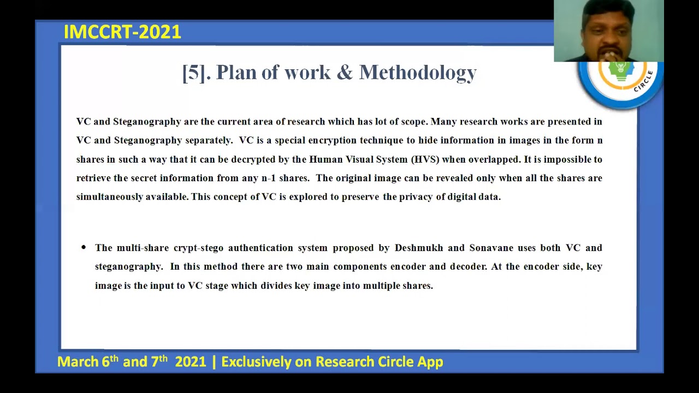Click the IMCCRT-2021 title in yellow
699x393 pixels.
point(122,32)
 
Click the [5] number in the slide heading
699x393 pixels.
point(194,73)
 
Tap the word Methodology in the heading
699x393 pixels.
point(418,73)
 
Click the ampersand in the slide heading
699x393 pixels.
point(345,73)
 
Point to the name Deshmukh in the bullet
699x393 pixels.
point(419,248)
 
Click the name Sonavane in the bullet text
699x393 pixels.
point(491,248)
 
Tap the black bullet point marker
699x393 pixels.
point(84,248)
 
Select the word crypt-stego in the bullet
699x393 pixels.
point(198,248)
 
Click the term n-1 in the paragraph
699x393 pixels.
point(268,178)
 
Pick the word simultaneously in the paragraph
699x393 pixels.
point(110,197)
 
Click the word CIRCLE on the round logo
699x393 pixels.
point(644,82)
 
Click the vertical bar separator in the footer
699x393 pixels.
point(214,362)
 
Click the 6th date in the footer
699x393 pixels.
point(110,361)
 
